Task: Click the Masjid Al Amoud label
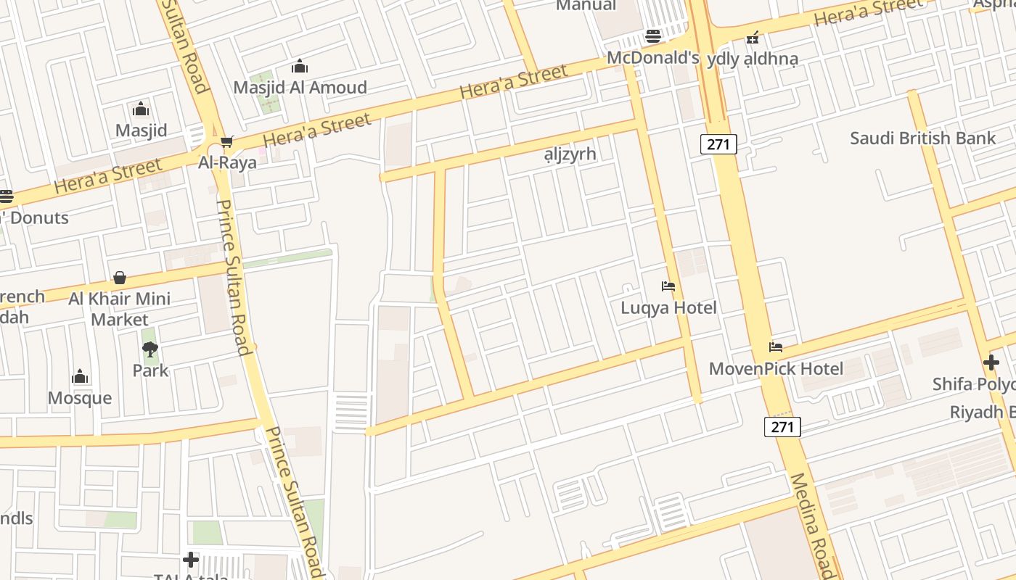pyautogui.click(x=300, y=88)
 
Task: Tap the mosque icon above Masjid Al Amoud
pyautogui.click(x=300, y=67)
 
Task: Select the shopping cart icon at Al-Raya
pyautogui.click(x=227, y=141)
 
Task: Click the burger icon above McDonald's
pyautogui.click(x=653, y=37)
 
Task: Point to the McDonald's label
pyautogui.click(x=652, y=58)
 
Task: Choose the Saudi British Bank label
pyautogui.click(x=922, y=138)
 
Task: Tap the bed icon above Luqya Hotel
pyautogui.click(x=668, y=286)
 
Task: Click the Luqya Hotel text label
pyautogui.click(x=668, y=307)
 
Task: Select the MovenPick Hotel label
pyautogui.click(x=776, y=368)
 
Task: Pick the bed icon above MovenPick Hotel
pyautogui.click(x=776, y=347)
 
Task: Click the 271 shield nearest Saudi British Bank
pyautogui.click(x=718, y=144)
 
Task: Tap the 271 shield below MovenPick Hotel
pyautogui.click(x=782, y=427)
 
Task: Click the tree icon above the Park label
pyautogui.click(x=150, y=350)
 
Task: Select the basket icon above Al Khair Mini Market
pyautogui.click(x=120, y=278)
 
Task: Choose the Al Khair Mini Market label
pyautogui.click(x=120, y=309)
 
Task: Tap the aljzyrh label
pyautogui.click(x=570, y=154)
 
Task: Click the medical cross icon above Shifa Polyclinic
pyautogui.click(x=991, y=362)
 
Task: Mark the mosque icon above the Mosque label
pyautogui.click(x=80, y=377)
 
